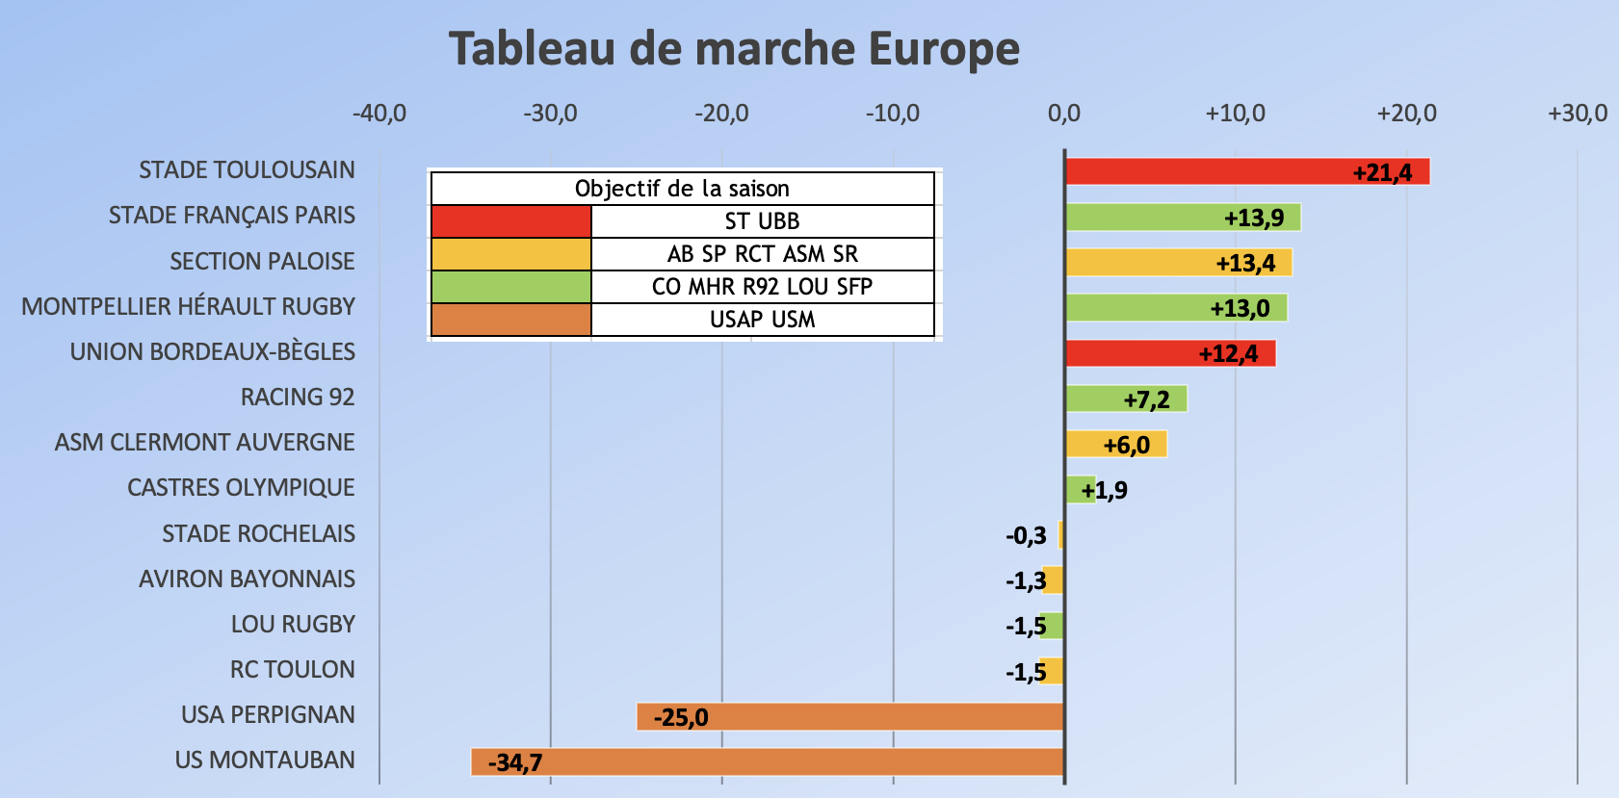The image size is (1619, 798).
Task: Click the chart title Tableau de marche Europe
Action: click(734, 49)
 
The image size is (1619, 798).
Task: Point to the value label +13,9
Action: click(1254, 218)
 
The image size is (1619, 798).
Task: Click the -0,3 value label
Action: click(1026, 535)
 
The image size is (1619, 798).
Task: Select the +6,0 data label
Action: click(1126, 445)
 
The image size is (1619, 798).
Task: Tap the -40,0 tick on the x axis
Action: click(379, 114)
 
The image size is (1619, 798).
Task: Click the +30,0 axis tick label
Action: click(1577, 114)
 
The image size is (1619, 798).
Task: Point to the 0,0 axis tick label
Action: click(1063, 114)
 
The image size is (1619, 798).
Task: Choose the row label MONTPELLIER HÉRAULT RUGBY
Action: click(189, 307)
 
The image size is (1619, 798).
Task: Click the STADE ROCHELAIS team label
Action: click(258, 534)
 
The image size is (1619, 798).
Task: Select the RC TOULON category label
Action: click(292, 670)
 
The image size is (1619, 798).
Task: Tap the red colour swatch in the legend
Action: click(511, 221)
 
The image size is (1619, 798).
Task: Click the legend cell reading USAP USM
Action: click(762, 320)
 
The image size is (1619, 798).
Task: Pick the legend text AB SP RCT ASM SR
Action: click(762, 254)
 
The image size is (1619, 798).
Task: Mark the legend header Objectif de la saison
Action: click(682, 189)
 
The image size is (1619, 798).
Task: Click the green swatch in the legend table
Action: click(511, 287)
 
